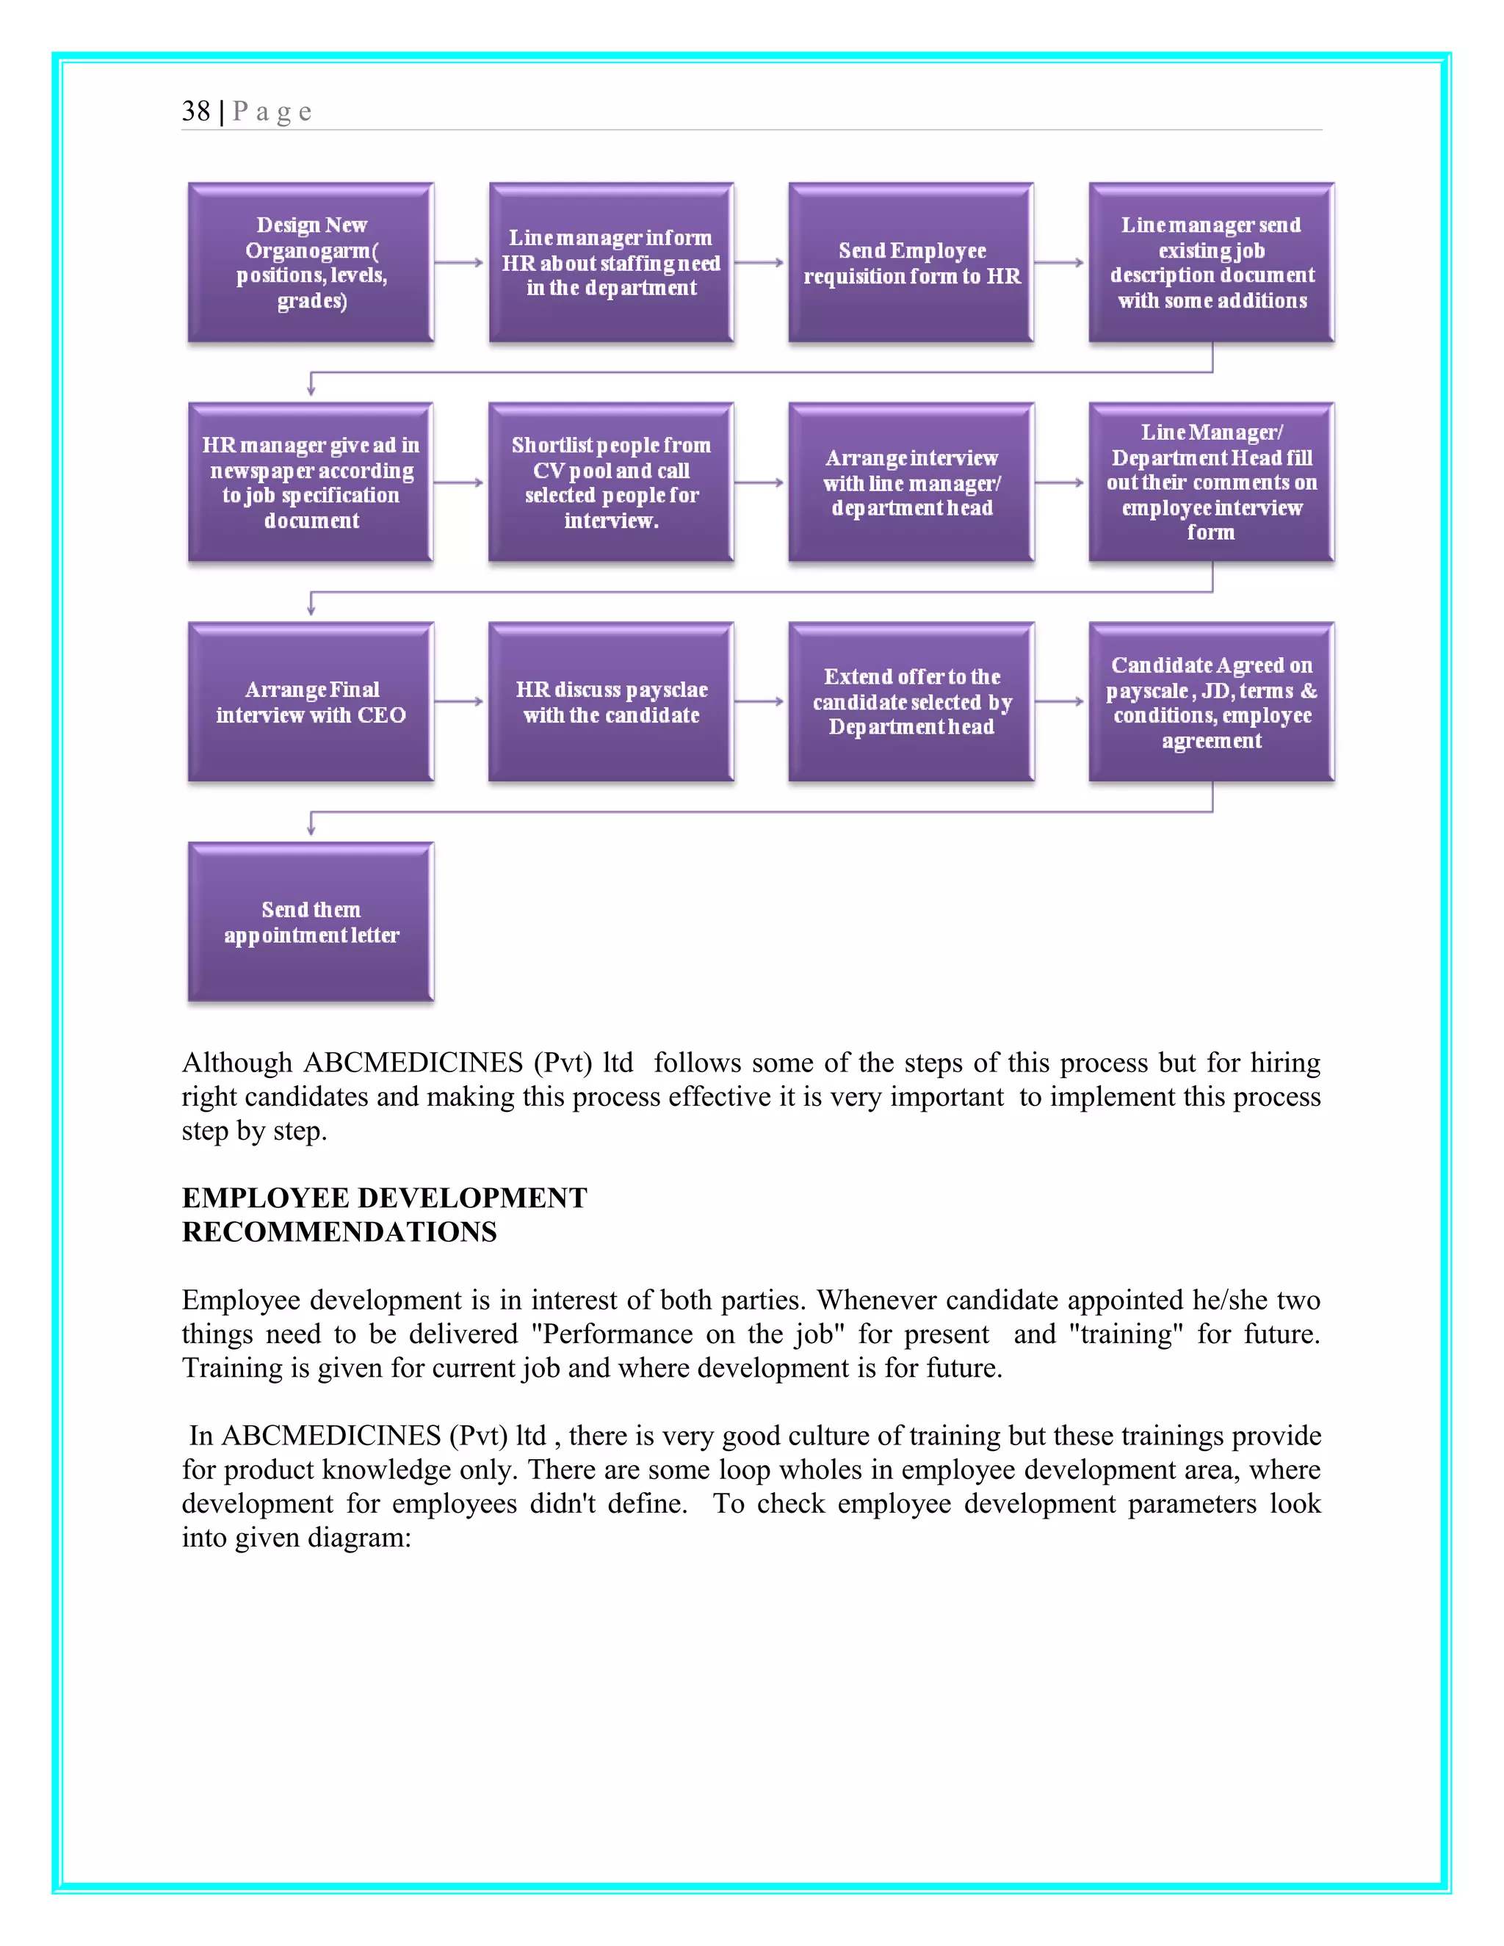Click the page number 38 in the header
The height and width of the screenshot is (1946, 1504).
(196, 112)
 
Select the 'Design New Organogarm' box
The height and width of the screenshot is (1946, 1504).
(311, 263)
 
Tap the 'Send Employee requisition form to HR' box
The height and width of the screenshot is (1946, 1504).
(911, 263)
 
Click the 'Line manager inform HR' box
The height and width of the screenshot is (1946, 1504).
(611, 263)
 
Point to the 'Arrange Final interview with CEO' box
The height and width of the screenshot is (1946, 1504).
(311, 702)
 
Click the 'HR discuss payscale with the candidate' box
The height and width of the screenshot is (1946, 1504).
(611, 702)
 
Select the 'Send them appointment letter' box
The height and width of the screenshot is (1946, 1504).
(311, 922)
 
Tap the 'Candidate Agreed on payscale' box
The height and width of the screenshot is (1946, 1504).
(1212, 702)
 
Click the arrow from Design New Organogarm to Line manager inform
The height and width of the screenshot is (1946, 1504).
(460, 263)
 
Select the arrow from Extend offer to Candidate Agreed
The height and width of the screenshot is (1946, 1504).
(1060, 702)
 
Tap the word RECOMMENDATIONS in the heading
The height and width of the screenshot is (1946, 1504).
(339, 1232)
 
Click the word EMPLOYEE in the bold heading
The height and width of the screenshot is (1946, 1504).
(266, 1198)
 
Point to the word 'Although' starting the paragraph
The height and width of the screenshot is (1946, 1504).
(237, 1063)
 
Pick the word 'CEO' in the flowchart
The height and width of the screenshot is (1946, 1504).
(381, 715)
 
